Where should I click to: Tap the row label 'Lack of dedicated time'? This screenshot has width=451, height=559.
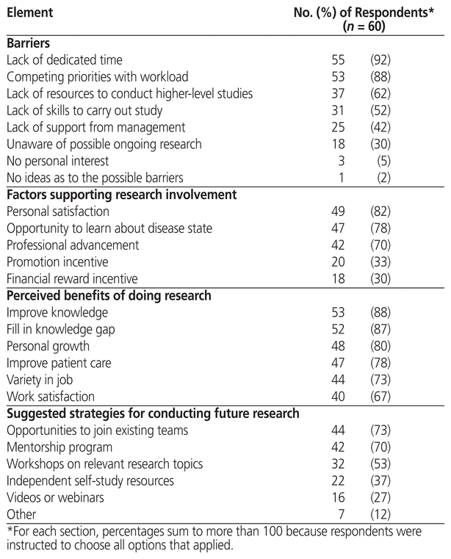(64, 59)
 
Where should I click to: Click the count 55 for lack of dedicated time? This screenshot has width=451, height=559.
(338, 59)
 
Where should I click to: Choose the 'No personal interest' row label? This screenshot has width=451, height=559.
(57, 161)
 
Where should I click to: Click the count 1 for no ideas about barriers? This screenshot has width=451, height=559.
(342, 178)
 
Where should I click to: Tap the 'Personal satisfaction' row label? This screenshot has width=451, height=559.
(58, 212)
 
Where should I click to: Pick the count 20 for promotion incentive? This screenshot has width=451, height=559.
(338, 262)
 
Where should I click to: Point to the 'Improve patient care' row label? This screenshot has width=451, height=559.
(57, 363)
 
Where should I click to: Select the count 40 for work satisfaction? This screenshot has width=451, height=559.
(338, 397)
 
